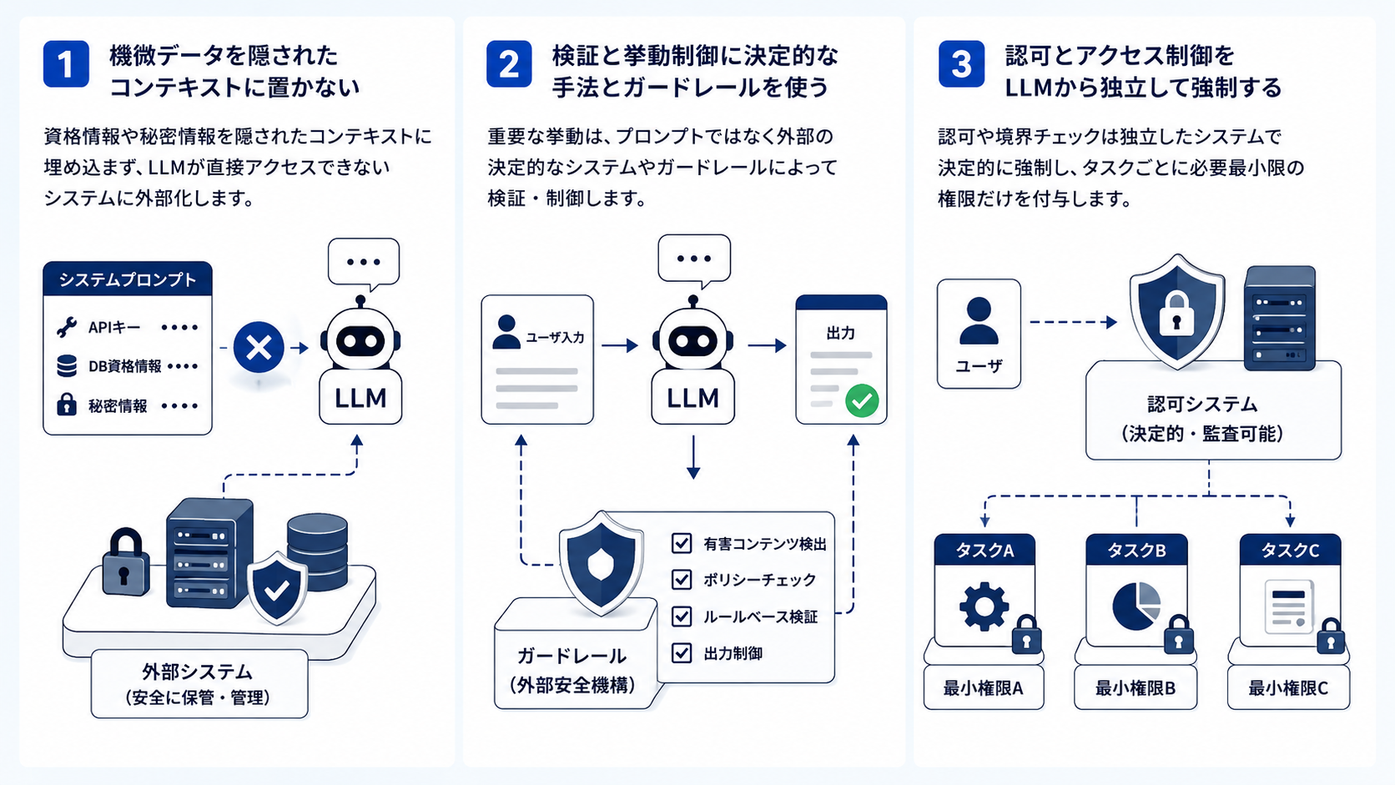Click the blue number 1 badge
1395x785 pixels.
coord(66,64)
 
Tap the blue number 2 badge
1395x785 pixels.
coord(509,64)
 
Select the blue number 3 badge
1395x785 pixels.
coord(961,64)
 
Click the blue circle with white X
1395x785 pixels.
coord(259,347)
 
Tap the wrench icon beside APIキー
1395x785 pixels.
coord(67,327)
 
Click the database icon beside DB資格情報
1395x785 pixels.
coord(67,366)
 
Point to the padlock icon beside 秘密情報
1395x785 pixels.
coord(67,405)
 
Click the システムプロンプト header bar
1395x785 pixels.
coord(128,279)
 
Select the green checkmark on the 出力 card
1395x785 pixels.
coord(862,400)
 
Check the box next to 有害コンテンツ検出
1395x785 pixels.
coord(682,543)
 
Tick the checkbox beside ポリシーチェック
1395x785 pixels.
coord(682,580)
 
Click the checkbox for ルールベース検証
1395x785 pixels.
coord(682,616)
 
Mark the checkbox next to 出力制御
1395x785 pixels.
coord(682,653)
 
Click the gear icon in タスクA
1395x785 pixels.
coord(984,606)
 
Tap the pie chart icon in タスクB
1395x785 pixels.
coord(1136,606)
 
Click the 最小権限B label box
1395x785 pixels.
coord(1136,688)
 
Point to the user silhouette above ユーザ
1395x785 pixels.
coord(979,320)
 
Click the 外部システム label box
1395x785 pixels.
coord(199,683)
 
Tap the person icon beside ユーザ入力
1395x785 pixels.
coord(506,332)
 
